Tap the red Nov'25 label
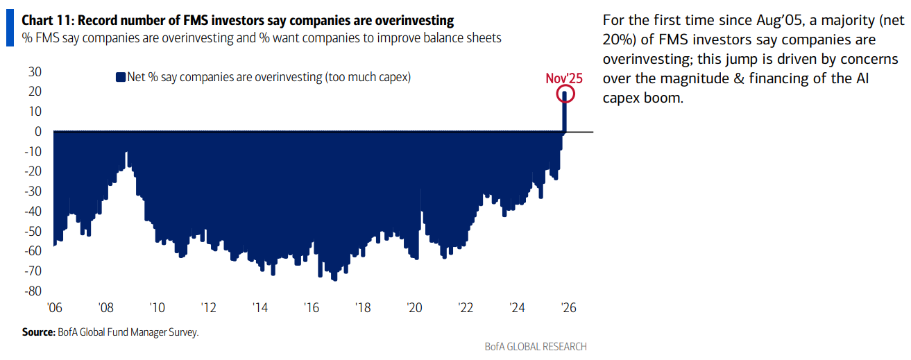(563, 78)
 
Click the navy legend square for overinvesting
(120, 78)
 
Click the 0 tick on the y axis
(39, 131)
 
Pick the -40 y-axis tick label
(34, 211)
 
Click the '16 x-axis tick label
(312, 307)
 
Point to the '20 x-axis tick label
(414, 307)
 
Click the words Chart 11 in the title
(43, 20)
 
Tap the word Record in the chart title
(96, 20)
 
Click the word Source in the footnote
(37, 332)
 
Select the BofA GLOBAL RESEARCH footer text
(535, 346)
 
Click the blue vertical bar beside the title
(9, 28)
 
